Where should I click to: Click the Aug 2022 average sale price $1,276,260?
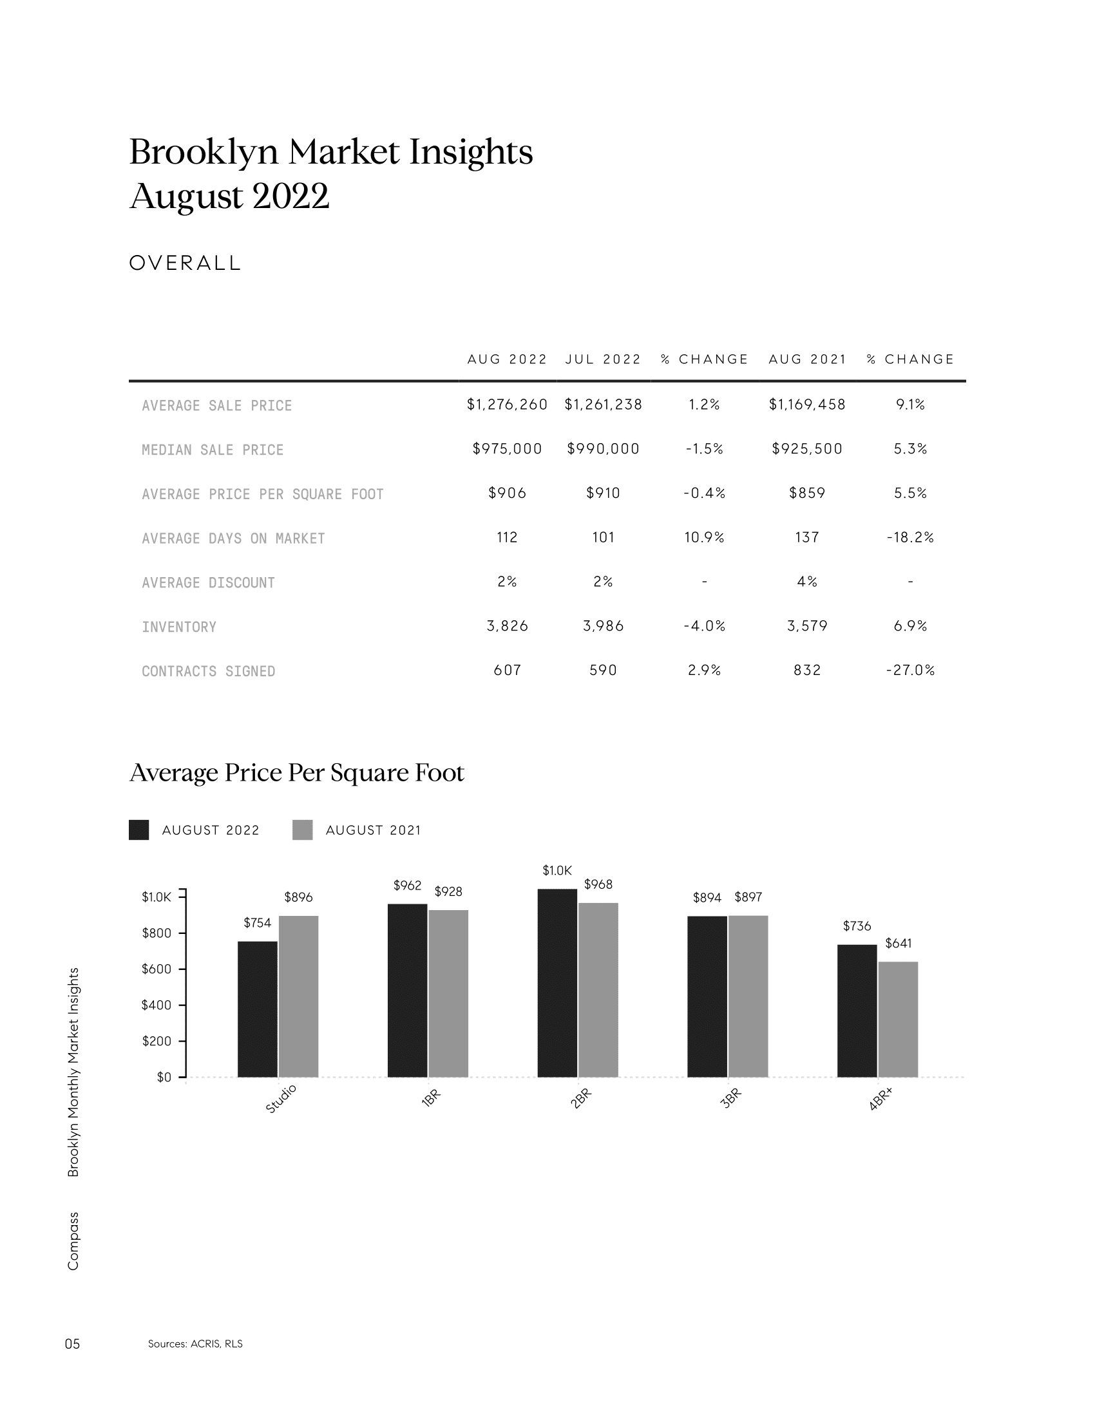(x=507, y=405)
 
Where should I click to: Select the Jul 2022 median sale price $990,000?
(x=603, y=449)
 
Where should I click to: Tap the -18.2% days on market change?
(x=910, y=537)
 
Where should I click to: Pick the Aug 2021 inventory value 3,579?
(x=807, y=626)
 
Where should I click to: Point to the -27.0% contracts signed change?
(x=910, y=670)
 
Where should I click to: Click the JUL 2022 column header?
(x=603, y=359)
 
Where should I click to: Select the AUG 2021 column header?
(x=808, y=359)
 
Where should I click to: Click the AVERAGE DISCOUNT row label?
(x=208, y=583)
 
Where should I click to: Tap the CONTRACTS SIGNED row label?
(x=208, y=672)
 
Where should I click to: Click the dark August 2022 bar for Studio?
(x=258, y=1009)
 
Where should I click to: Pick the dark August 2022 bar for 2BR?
(x=557, y=984)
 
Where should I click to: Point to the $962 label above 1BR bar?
(x=407, y=886)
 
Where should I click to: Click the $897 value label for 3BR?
(x=748, y=897)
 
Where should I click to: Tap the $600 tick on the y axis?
(x=157, y=969)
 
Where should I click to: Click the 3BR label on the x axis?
(x=731, y=1099)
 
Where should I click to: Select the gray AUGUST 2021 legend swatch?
(x=302, y=830)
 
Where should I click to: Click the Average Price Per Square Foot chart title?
(x=297, y=773)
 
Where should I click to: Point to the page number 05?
(x=73, y=1344)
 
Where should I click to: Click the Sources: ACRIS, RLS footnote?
(x=195, y=1344)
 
